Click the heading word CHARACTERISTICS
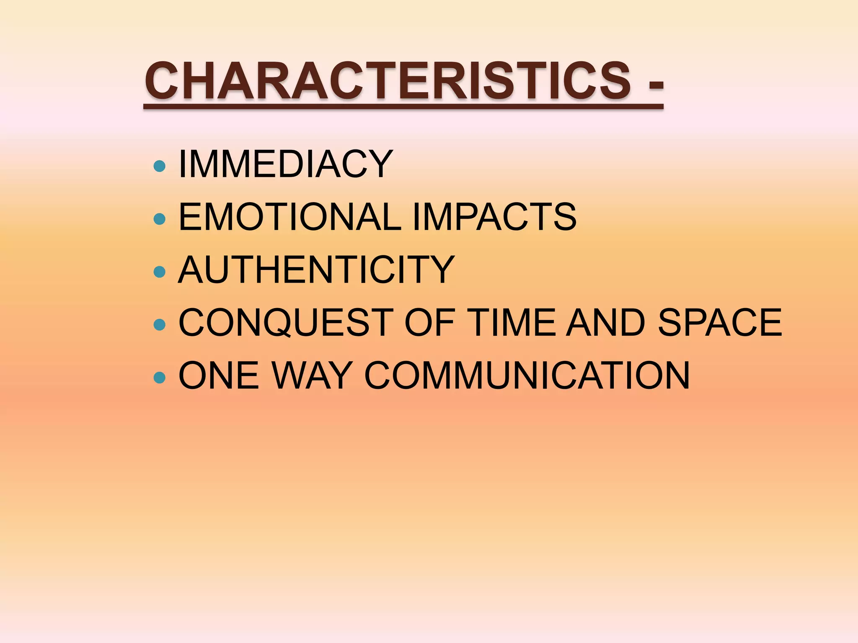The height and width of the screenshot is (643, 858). pos(388,81)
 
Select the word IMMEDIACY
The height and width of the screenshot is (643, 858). pos(286,164)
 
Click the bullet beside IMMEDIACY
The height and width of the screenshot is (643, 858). pos(160,166)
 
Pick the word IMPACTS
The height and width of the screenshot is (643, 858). pos(494,217)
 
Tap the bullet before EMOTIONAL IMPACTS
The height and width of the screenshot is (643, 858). pos(160,219)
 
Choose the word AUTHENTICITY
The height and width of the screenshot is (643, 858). pos(316,270)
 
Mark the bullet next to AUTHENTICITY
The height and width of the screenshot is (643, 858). pos(160,272)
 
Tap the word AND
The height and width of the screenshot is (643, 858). pos(605,322)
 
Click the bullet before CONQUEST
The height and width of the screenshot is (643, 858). pos(160,325)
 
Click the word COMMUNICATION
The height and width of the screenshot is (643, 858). pos(527,376)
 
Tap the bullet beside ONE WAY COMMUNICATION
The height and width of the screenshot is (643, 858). pos(160,378)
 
